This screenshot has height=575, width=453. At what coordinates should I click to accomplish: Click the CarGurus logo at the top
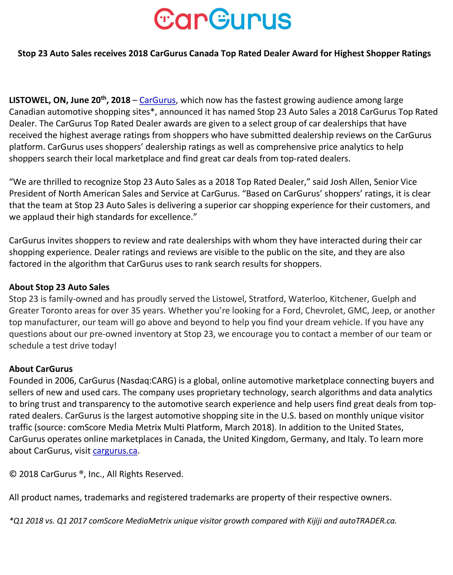click(x=223, y=19)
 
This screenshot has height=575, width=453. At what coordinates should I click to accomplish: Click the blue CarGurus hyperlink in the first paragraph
click(x=157, y=100)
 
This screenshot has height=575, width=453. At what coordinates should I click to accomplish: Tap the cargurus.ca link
click(x=115, y=451)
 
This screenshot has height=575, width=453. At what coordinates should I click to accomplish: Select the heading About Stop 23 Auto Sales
click(x=59, y=287)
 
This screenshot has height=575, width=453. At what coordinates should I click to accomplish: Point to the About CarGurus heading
click(x=41, y=369)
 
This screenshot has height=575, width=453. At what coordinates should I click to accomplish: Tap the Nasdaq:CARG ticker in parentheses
click(x=146, y=381)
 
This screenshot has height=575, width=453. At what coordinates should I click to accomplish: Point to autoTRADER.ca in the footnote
click(x=368, y=521)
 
